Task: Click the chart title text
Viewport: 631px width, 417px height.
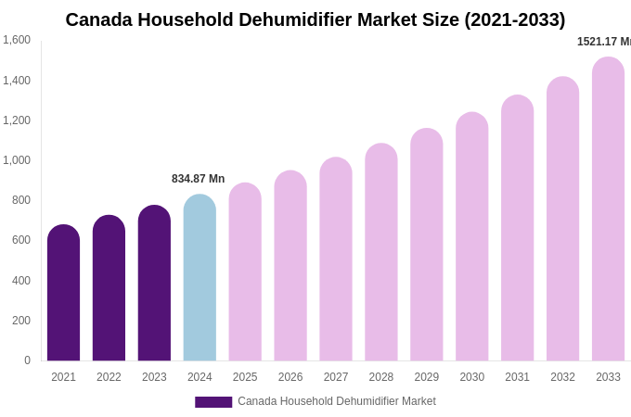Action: pos(315,19)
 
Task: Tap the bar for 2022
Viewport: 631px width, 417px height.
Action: pos(109,288)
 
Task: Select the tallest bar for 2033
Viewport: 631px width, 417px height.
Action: pos(608,209)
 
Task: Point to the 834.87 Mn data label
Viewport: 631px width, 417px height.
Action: pos(198,179)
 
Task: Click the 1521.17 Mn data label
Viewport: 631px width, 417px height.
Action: pos(603,42)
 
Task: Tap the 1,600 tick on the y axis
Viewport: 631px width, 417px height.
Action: pos(17,40)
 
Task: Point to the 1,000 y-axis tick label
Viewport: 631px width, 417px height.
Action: pos(17,160)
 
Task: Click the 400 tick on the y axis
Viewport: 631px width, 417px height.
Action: pos(20,281)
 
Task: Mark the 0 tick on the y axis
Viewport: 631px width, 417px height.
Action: pos(27,360)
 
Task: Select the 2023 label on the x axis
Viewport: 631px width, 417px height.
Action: pos(154,377)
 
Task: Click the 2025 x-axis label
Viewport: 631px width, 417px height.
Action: pos(245,377)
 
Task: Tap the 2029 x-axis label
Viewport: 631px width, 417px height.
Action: pos(427,377)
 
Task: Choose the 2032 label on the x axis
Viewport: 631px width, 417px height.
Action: pos(562,377)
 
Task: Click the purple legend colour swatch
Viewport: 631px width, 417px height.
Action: pos(213,402)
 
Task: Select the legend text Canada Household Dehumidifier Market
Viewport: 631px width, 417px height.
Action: pos(336,401)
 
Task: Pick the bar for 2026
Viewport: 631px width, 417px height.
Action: pos(290,266)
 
